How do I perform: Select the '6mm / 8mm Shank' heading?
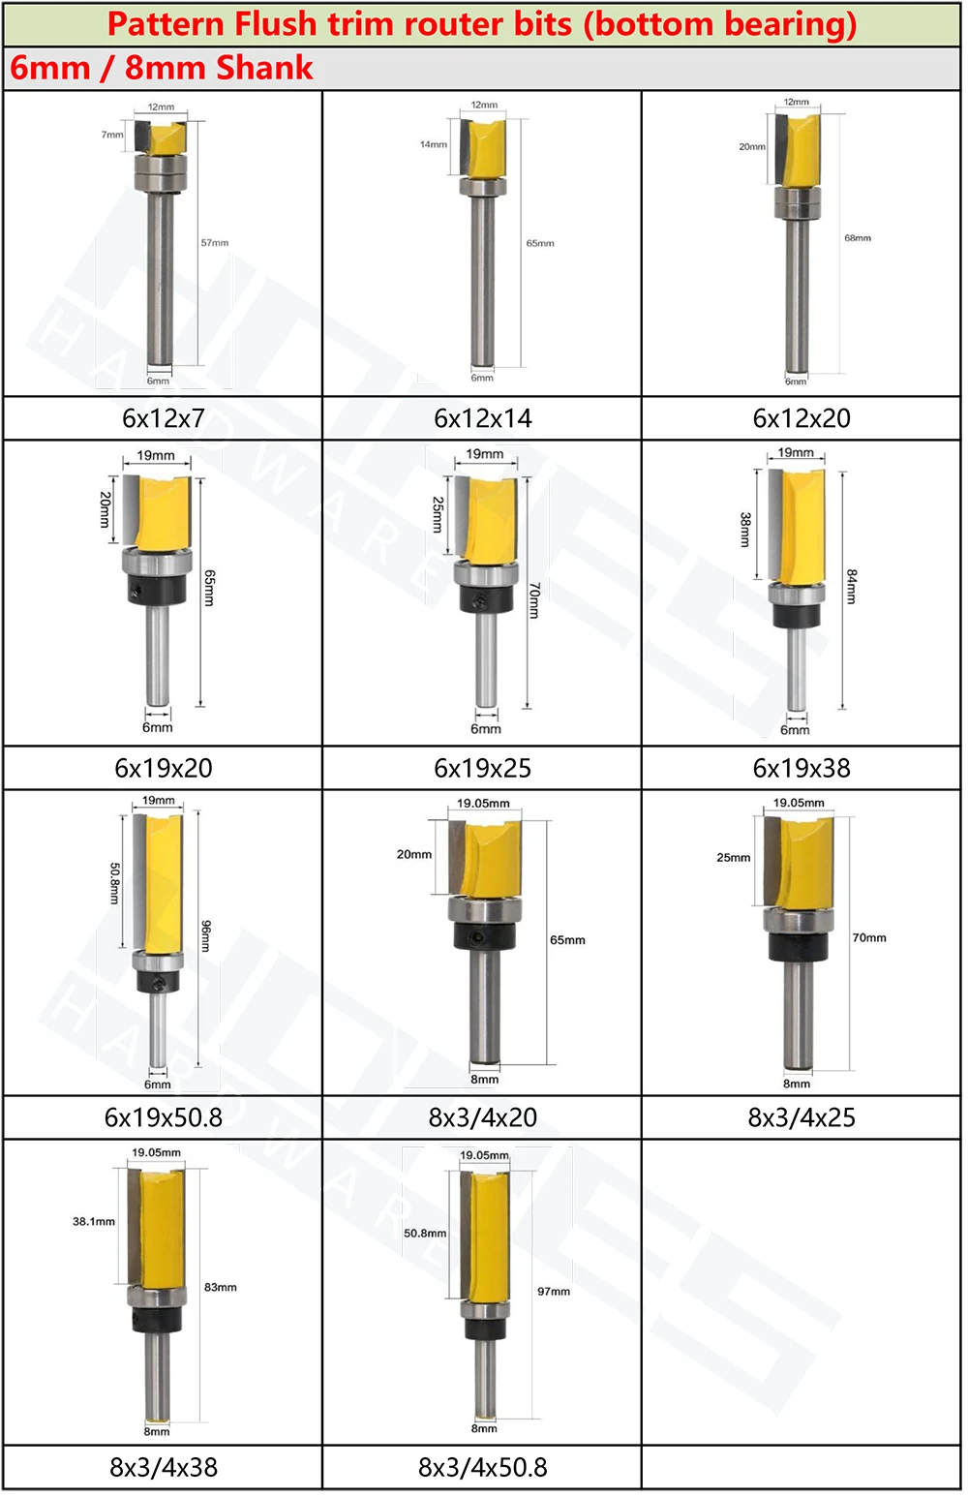[162, 68]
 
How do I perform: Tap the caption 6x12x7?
[163, 418]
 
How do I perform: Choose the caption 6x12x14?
[483, 418]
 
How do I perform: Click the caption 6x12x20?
[802, 418]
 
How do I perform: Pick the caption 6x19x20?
[163, 768]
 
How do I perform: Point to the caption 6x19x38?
[802, 768]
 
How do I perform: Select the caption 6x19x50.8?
[163, 1117]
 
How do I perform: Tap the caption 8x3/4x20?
[483, 1117]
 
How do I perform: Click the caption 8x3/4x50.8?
[483, 1468]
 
